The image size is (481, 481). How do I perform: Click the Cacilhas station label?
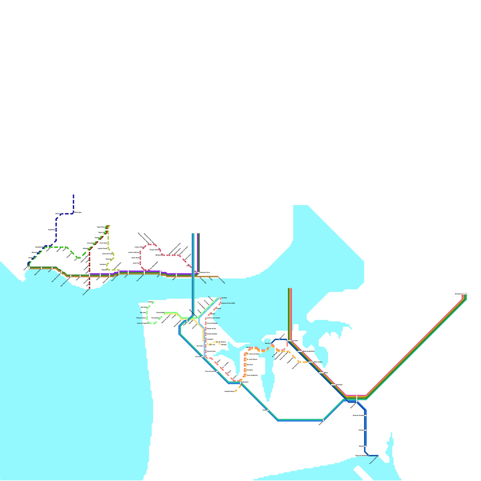224,298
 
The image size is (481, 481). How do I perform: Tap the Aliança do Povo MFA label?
228,303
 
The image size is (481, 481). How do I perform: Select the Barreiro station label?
268,343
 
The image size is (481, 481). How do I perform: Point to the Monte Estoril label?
37,272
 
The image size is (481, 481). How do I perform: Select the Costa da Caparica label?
142,323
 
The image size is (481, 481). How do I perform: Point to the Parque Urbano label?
141,318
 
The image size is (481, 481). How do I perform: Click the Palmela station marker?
366,430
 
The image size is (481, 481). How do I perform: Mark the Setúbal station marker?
366,446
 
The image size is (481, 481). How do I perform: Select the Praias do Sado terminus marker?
378,456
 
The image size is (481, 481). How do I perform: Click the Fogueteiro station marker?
240,382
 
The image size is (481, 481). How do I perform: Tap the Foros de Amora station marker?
217,371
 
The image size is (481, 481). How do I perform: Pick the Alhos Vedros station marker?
311,362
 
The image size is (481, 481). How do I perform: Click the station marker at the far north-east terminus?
464,294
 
